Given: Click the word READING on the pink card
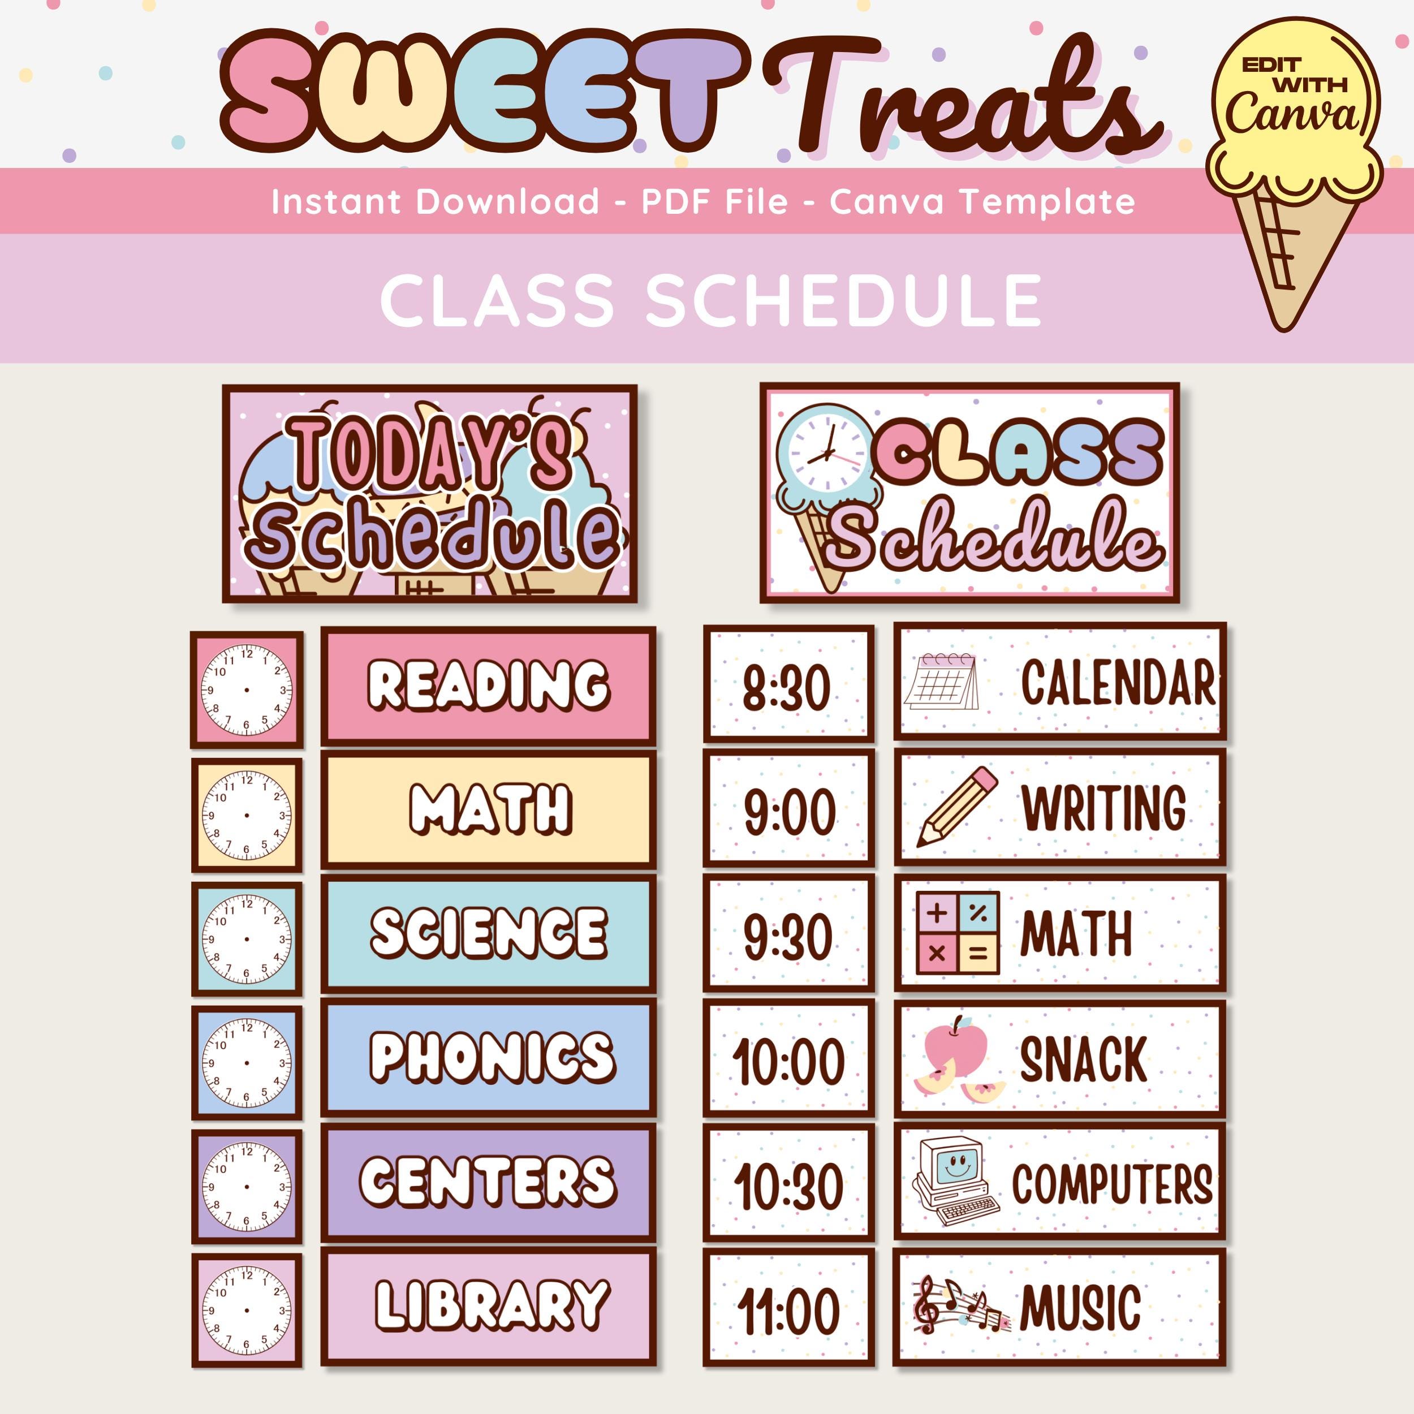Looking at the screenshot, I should click(x=488, y=685).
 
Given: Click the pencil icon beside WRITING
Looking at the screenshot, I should click(x=956, y=807).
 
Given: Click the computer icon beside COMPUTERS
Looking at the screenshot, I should click(x=954, y=1182).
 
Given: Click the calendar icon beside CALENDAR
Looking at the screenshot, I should click(x=941, y=682).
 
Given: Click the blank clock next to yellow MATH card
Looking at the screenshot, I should click(x=247, y=814).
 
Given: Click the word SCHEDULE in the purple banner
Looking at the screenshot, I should click(x=843, y=300).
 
